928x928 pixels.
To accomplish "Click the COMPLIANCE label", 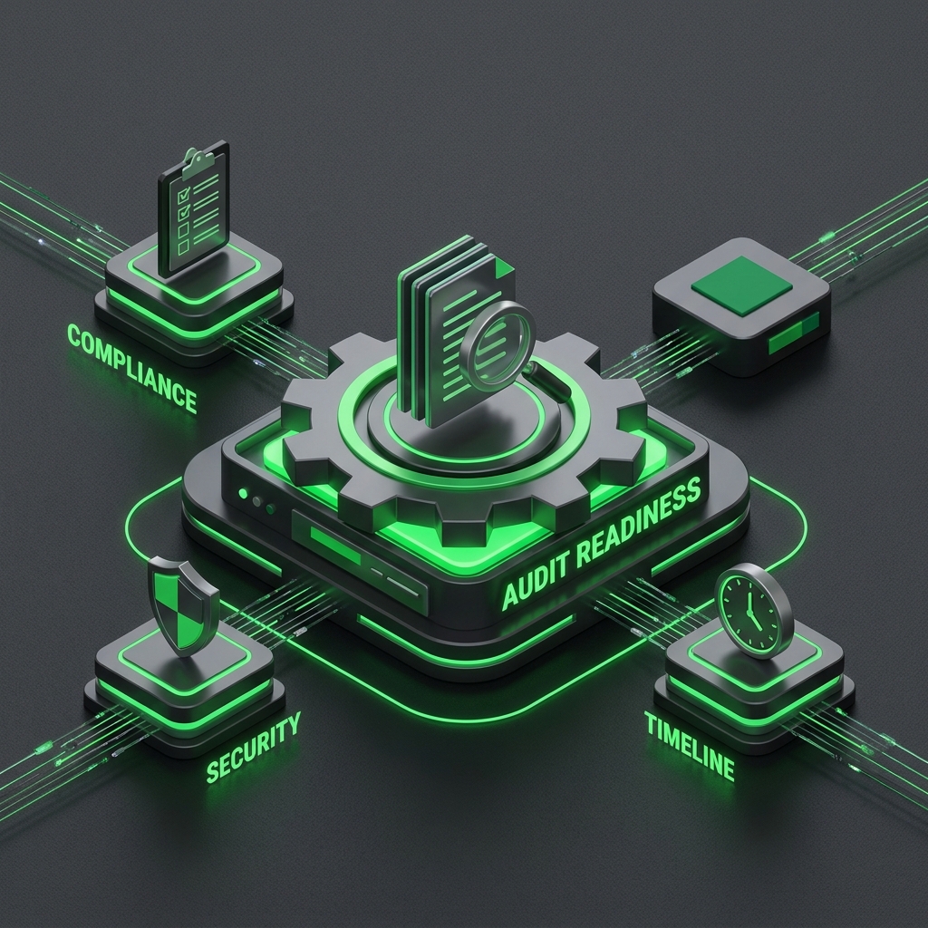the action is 131,368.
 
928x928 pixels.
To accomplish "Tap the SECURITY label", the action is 254,748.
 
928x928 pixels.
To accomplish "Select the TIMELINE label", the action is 690,746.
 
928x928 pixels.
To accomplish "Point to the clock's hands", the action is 750,612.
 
